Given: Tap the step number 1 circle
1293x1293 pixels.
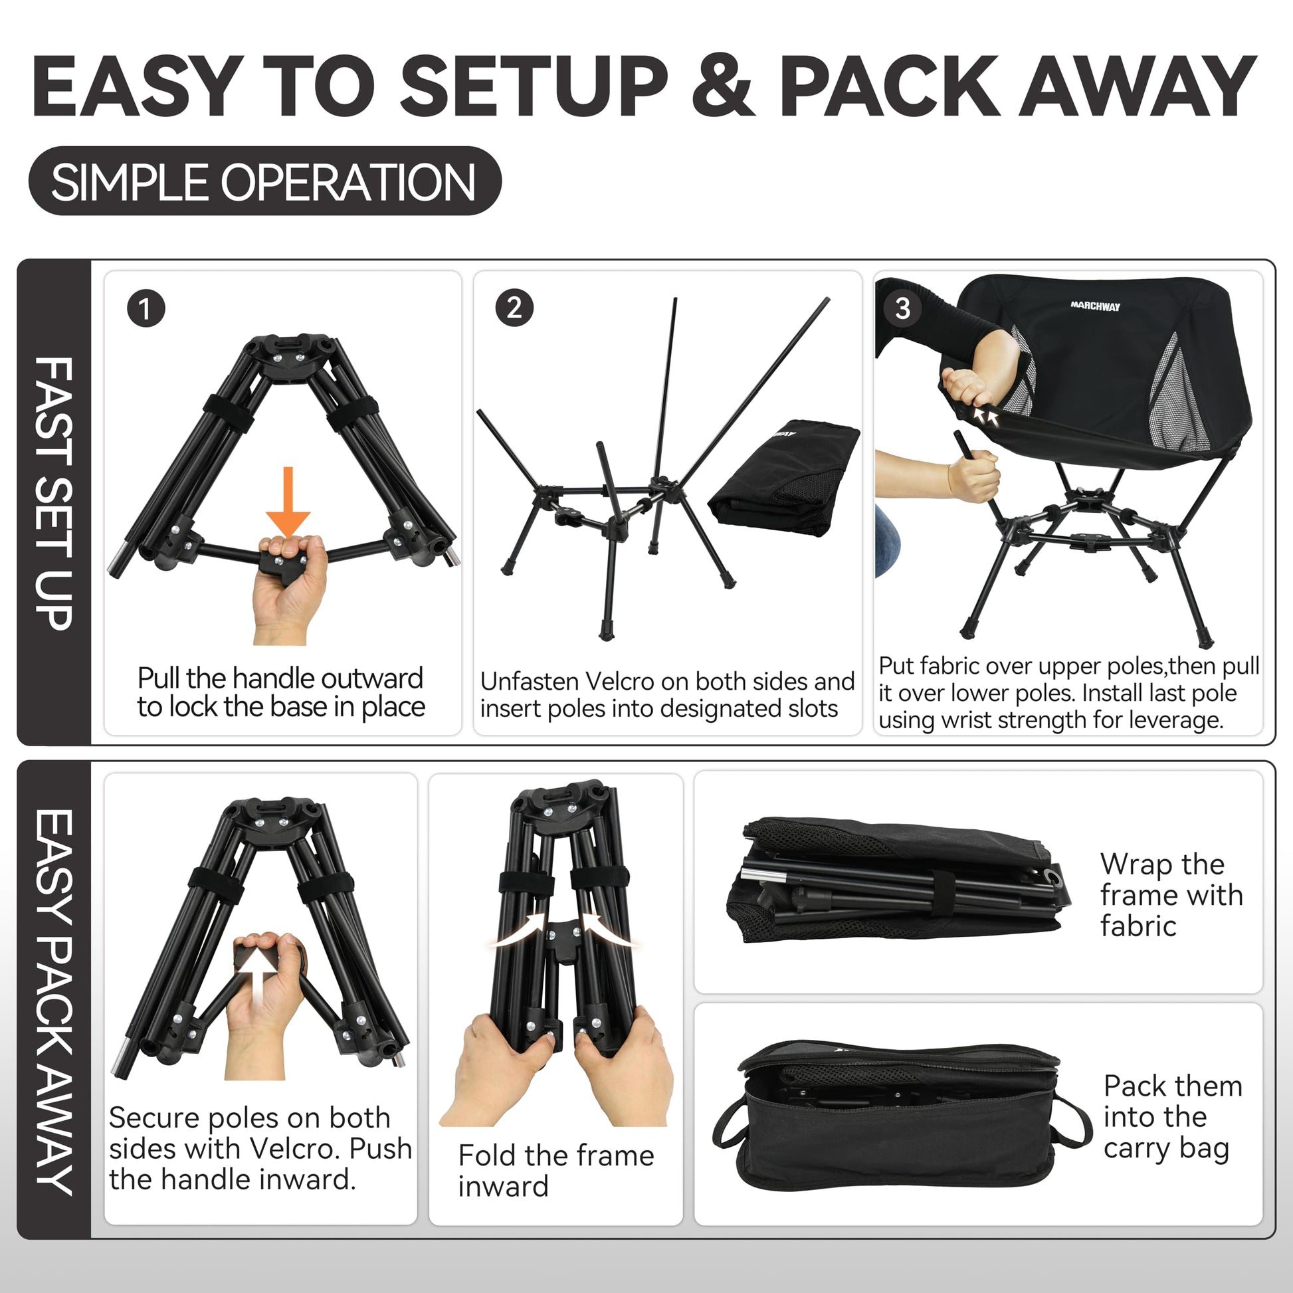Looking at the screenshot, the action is [x=146, y=308].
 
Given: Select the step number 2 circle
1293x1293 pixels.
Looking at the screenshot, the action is [x=514, y=308].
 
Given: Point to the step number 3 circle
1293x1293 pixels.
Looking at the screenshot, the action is [x=902, y=308].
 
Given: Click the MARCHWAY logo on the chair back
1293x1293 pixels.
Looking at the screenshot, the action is [x=1095, y=306].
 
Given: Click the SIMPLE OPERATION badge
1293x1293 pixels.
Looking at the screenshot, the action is [x=265, y=181].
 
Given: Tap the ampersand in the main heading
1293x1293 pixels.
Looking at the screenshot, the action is [x=722, y=86].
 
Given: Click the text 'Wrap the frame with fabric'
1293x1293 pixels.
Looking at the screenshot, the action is [x=1171, y=895].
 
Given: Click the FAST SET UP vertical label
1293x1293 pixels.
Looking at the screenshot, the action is [x=54, y=493].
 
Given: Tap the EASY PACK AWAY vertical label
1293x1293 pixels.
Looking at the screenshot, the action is [x=54, y=1002].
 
